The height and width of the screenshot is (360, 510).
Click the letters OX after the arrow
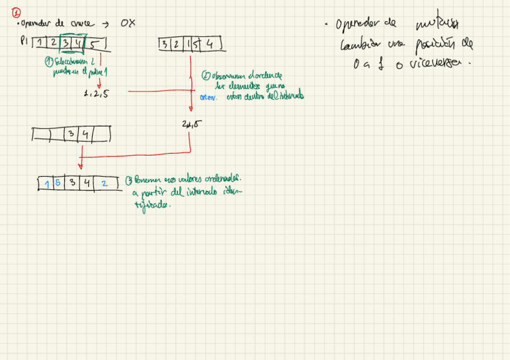pos(127,23)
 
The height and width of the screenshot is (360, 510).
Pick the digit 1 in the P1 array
pos(39,43)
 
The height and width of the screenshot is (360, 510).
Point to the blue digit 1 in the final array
pos(48,183)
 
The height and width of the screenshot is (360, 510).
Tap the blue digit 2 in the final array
pos(104,183)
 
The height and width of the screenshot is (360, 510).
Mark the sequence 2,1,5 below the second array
pos(191,124)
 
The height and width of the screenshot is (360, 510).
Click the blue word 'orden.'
pos(208,97)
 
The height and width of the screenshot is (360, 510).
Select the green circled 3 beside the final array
pos(129,180)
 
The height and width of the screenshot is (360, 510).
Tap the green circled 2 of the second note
pos(206,76)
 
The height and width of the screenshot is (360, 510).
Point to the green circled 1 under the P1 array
pos(48,61)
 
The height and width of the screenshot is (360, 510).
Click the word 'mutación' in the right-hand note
pos(437,25)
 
